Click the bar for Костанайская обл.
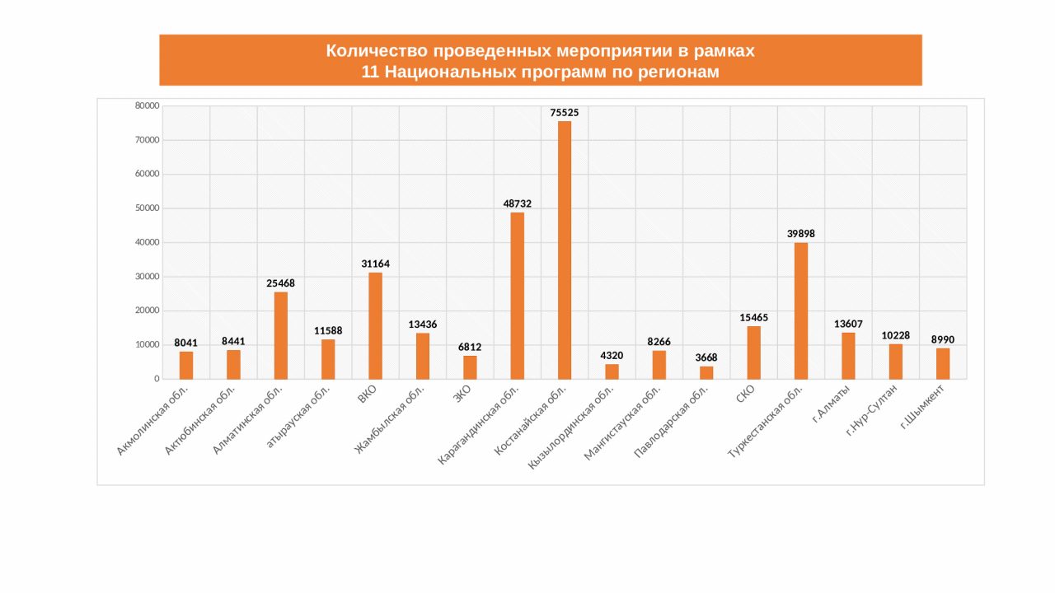pos(565,250)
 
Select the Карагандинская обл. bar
pos(517,296)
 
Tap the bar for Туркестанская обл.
pos(801,311)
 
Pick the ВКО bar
pos(375,325)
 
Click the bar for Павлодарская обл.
pos(706,372)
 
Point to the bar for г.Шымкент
pos(943,363)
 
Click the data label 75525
pos(565,112)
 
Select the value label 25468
pos(280,283)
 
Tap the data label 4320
pos(612,356)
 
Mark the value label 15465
pos(753,317)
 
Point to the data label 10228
pos(895,335)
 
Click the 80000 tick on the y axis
pos(148,105)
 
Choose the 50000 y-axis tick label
pos(148,208)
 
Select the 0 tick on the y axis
pos(156,379)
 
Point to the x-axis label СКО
pos(745,395)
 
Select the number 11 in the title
pos(369,72)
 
